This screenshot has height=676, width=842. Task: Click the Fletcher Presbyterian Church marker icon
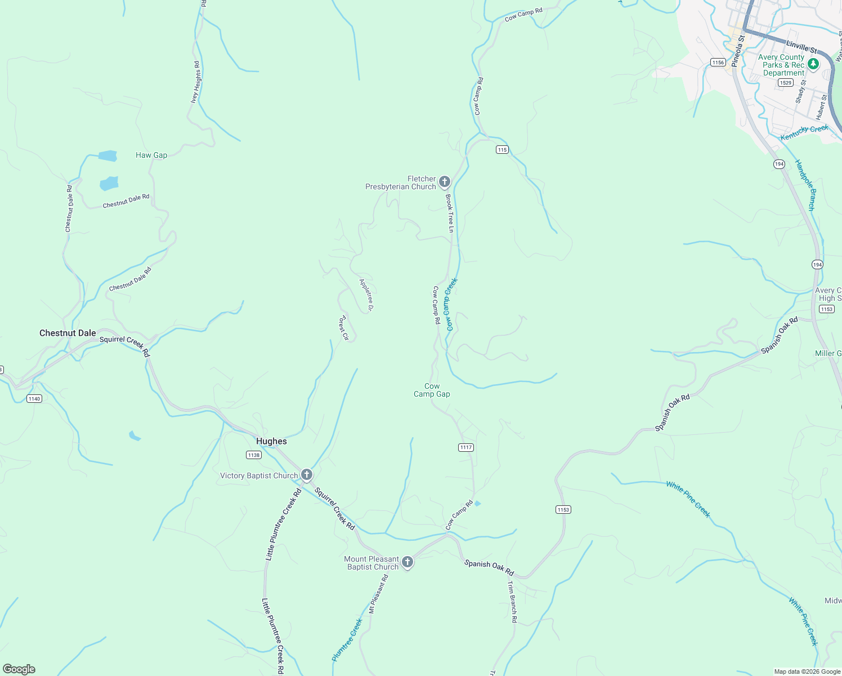coord(445,181)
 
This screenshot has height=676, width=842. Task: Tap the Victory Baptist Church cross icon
coord(306,475)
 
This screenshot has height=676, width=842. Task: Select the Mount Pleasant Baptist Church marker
coord(407,562)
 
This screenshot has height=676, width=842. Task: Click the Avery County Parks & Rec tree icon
coord(813,64)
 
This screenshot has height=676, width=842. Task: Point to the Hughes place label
coord(271,441)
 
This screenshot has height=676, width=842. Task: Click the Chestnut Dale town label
coord(68,333)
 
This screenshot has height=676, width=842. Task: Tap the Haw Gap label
coord(151,155)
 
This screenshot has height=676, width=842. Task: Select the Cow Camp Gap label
coord(432,390)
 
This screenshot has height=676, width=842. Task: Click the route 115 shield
coord(502,149)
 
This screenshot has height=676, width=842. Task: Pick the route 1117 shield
coord(466,447)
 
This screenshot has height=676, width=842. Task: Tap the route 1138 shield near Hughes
coord(254,455)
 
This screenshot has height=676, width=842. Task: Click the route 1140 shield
coord(34,398)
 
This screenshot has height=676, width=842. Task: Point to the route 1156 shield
coord(718,62)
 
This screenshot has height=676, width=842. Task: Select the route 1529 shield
coord(786,83)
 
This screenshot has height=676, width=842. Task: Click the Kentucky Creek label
coord(804,133)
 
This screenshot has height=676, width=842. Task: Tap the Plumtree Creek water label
coord(347,640)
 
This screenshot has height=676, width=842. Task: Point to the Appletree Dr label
coord(366,295)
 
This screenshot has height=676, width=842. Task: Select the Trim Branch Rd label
coord(512,602)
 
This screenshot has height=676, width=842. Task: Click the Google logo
coord(19,669)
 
